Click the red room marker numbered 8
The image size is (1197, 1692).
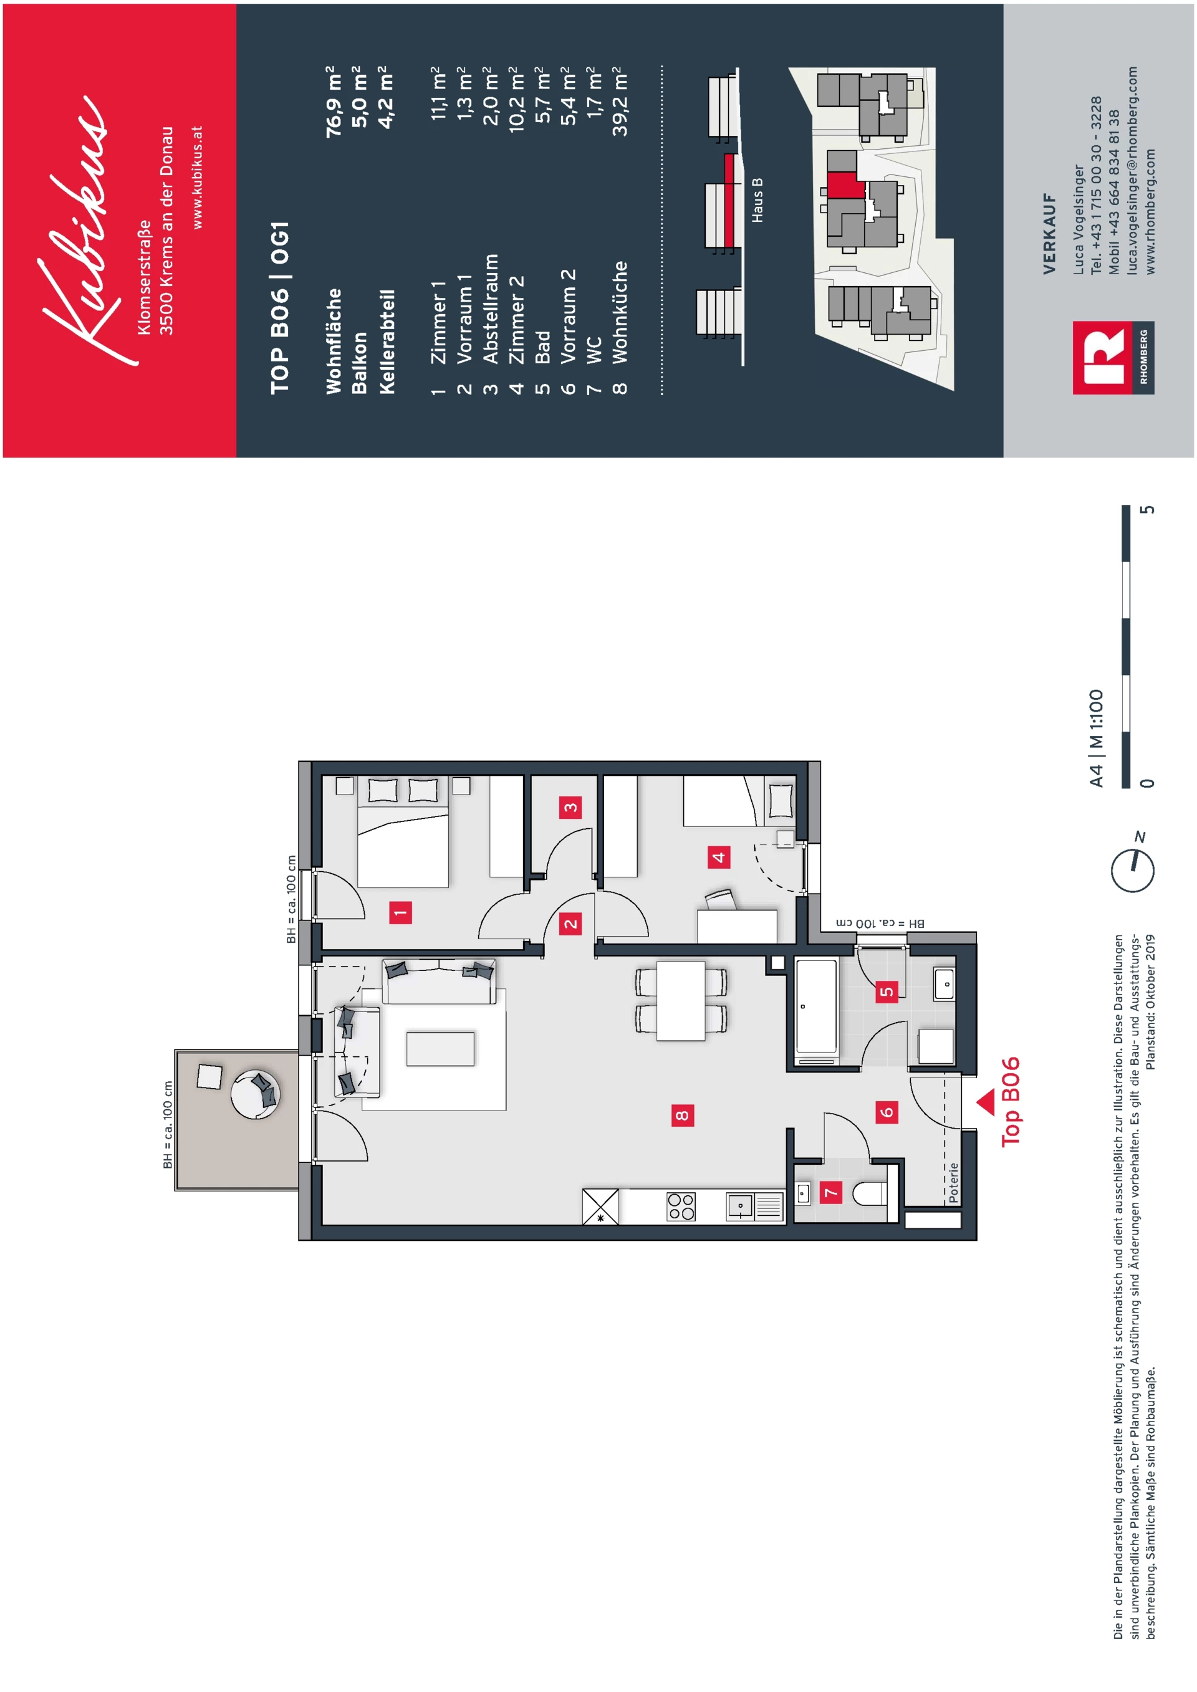point(683,1115)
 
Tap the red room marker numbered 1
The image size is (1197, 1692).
point(400,912)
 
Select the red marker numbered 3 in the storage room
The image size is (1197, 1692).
point(570,807)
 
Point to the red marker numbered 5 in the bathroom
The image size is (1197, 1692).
point(887,991)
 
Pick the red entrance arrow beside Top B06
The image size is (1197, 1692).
point(986,1102)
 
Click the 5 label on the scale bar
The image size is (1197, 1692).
point(1148,510)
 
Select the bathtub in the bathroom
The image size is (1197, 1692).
point(816,1006)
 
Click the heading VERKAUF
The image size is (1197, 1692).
point(1050,234)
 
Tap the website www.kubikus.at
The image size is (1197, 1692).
point(197,177)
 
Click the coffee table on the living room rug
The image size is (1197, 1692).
point(440,1049)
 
